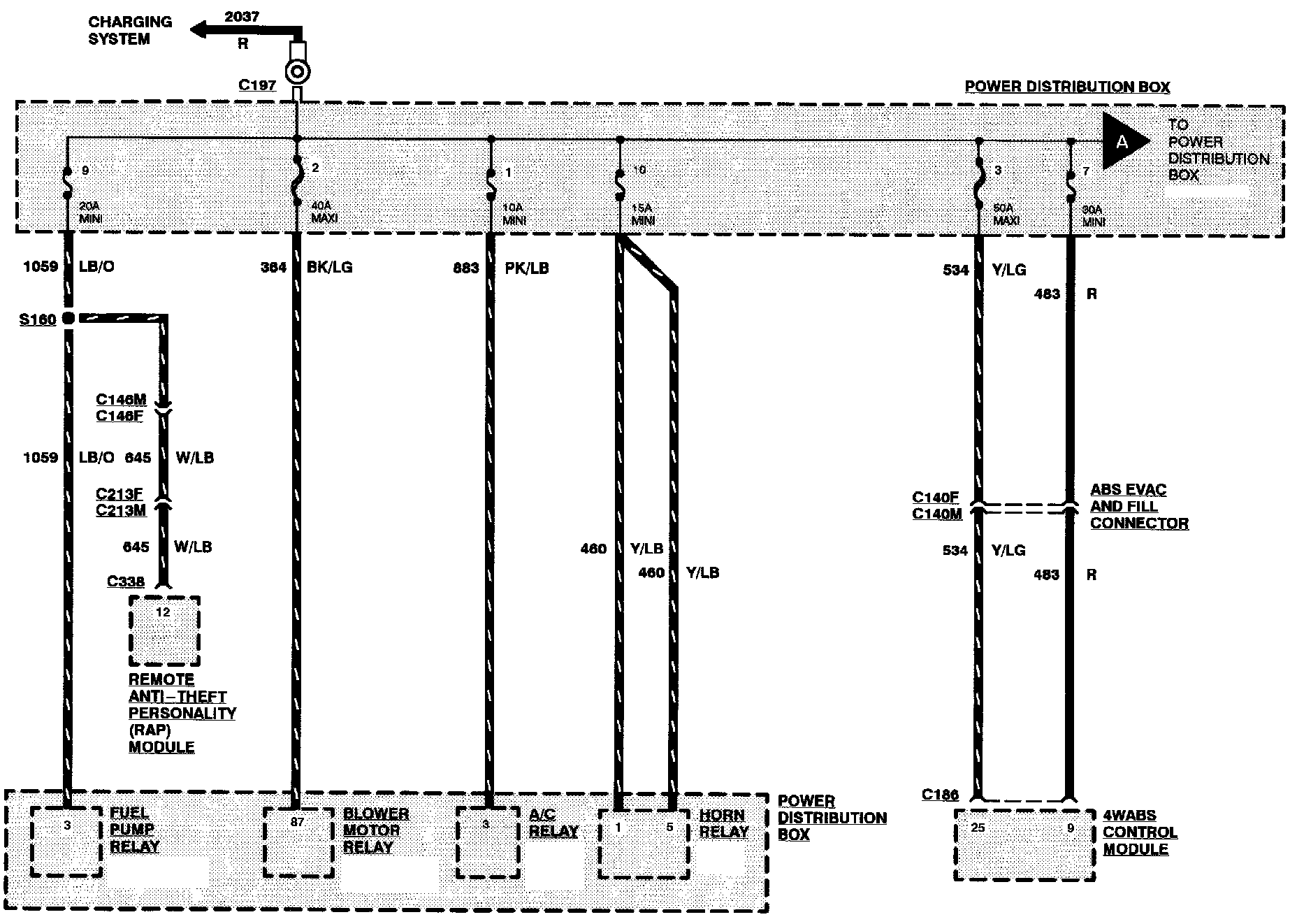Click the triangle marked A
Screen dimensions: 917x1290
(x=1123, y=142)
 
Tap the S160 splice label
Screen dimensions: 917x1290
(x=38, y=319)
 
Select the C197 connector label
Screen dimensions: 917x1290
(x=257, y=85)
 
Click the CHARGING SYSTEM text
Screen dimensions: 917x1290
(x=130, y=30)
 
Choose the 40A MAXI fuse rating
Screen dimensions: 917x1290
(x=324, y=212)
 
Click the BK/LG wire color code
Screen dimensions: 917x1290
(x=330, y=267)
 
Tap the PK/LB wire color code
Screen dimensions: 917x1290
(x=527, y=268)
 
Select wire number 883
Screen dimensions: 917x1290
(x=466, y=268)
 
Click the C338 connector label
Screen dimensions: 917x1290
(x=126, y=582)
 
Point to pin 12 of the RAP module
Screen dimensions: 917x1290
(x=163, y=612)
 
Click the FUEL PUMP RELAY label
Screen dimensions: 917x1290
(x=135, y=830)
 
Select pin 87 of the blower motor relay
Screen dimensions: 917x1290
(x=298, y=822)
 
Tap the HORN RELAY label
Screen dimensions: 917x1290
(x=724, y=823)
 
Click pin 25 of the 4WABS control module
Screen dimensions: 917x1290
(x=978, y=828)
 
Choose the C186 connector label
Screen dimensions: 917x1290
(x=940, y=794)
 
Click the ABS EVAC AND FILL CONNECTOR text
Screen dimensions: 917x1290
(x=1139, y=507)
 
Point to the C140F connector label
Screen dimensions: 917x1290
(x=936, y=498)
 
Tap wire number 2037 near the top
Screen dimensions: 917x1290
(x=242, y=16)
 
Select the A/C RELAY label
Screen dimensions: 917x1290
(x=553, y=823)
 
